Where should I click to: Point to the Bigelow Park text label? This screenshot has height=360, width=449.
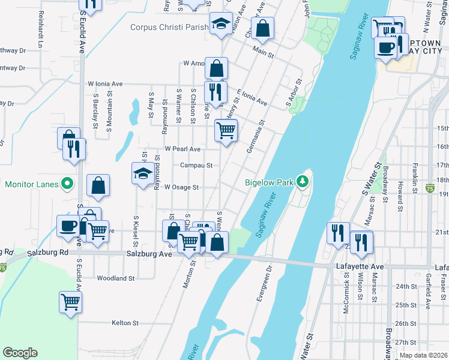[x=268, y=182]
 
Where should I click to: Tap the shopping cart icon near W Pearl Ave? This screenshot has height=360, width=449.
[x=226, y=130]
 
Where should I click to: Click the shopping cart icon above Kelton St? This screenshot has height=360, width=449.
[x=70, y=302]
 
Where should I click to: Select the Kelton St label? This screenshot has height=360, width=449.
[x=125, y=323]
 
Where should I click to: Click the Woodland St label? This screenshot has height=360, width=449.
[x=115, y=278]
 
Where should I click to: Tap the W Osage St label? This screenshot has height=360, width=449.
[x=181, y=187]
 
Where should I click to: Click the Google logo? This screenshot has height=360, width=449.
[x=20, y=353]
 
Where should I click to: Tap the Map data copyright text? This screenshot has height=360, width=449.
[x=423, y=355]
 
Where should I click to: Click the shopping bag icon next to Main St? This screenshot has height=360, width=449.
[x=262, y=28]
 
